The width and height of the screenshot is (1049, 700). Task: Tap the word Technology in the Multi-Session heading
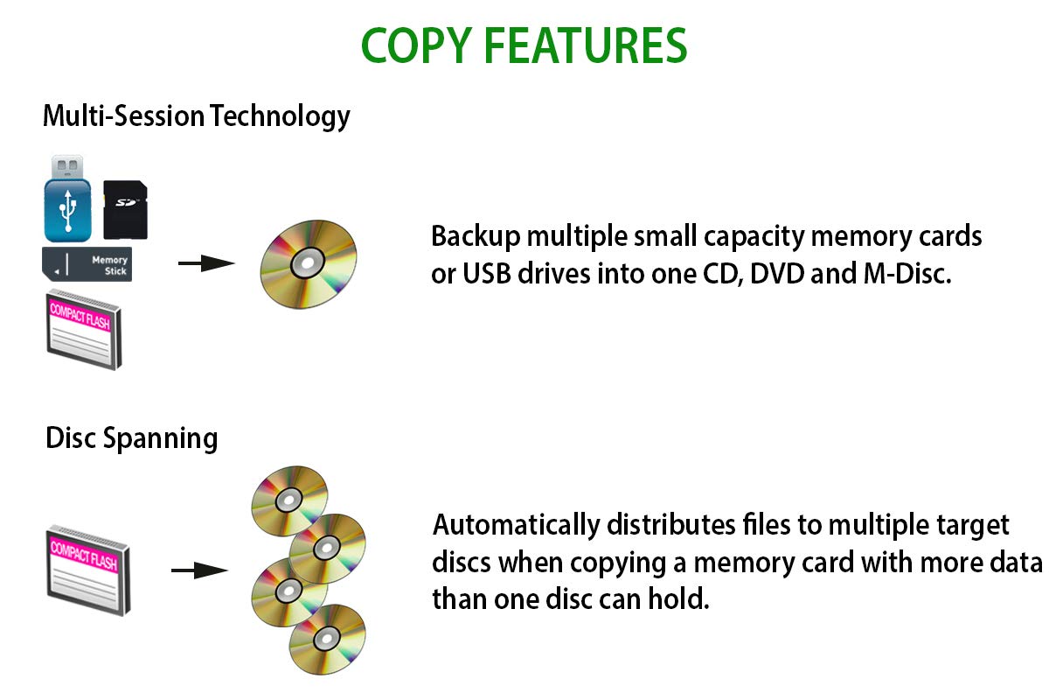click(280, 116)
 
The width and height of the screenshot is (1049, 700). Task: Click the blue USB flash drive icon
click(67, 199)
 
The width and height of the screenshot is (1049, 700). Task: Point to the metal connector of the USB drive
click(67, 167)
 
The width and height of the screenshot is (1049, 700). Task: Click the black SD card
click(125, 210)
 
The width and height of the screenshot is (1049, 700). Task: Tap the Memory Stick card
click(87, 264)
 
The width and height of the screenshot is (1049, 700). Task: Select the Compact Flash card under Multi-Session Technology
click(84, 330)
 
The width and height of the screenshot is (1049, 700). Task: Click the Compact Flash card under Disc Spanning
click(88, 570)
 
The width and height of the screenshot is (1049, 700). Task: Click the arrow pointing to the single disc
click(206, 263)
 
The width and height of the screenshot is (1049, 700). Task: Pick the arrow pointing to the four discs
click(199, 570)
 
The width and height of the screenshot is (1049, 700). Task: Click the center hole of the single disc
click(308, 263)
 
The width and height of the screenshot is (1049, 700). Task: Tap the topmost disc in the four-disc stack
click(289, 500)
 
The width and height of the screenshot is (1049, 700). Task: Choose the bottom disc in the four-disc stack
click(327, 640)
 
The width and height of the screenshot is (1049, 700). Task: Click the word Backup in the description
click(476, 236)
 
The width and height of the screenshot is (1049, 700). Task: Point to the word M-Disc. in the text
click(907, 274)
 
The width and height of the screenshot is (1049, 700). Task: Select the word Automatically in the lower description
click(517, 525)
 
